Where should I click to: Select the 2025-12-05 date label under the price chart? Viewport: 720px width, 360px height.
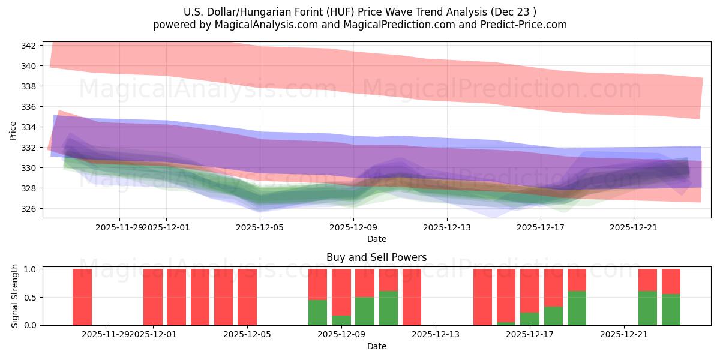tap(260, 227)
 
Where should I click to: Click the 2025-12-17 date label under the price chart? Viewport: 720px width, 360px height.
tap(541, 227)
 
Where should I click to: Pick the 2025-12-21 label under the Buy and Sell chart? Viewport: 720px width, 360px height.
tap(625, 335)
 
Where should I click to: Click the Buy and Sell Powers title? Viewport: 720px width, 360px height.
tap(376, 257)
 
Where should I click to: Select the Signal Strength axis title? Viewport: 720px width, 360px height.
tap(16, 297)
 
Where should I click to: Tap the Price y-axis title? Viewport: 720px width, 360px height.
tap(13, 131)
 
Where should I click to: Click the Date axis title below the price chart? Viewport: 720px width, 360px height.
tap(376, 239)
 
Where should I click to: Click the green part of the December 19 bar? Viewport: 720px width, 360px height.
tap(577, 308)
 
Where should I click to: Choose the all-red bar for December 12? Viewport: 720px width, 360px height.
tap(412, 297)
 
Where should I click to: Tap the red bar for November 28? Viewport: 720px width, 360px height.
tap(82, 297)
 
